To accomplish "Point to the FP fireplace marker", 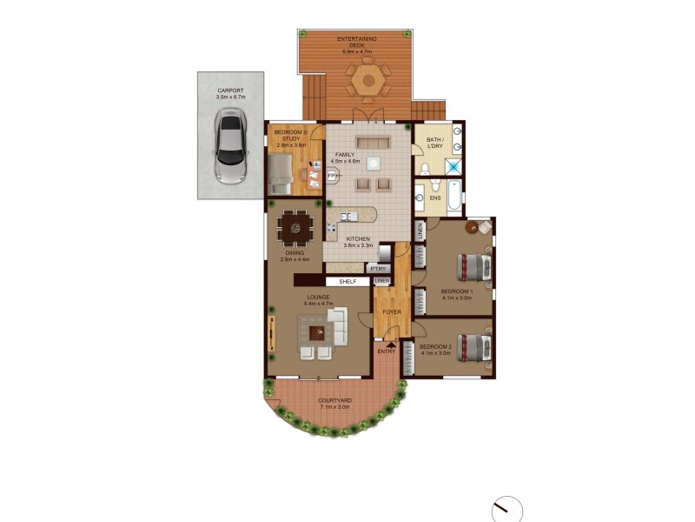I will [x=331, y=175].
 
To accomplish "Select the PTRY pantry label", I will [x=380, y=270].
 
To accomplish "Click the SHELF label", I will [x=347, y=282].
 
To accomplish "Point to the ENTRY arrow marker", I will [x=390, y=345].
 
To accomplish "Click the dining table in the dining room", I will [x=295, y=229].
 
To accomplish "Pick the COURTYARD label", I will [x=334, y=403].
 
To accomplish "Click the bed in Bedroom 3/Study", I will [x=281, y=175].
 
